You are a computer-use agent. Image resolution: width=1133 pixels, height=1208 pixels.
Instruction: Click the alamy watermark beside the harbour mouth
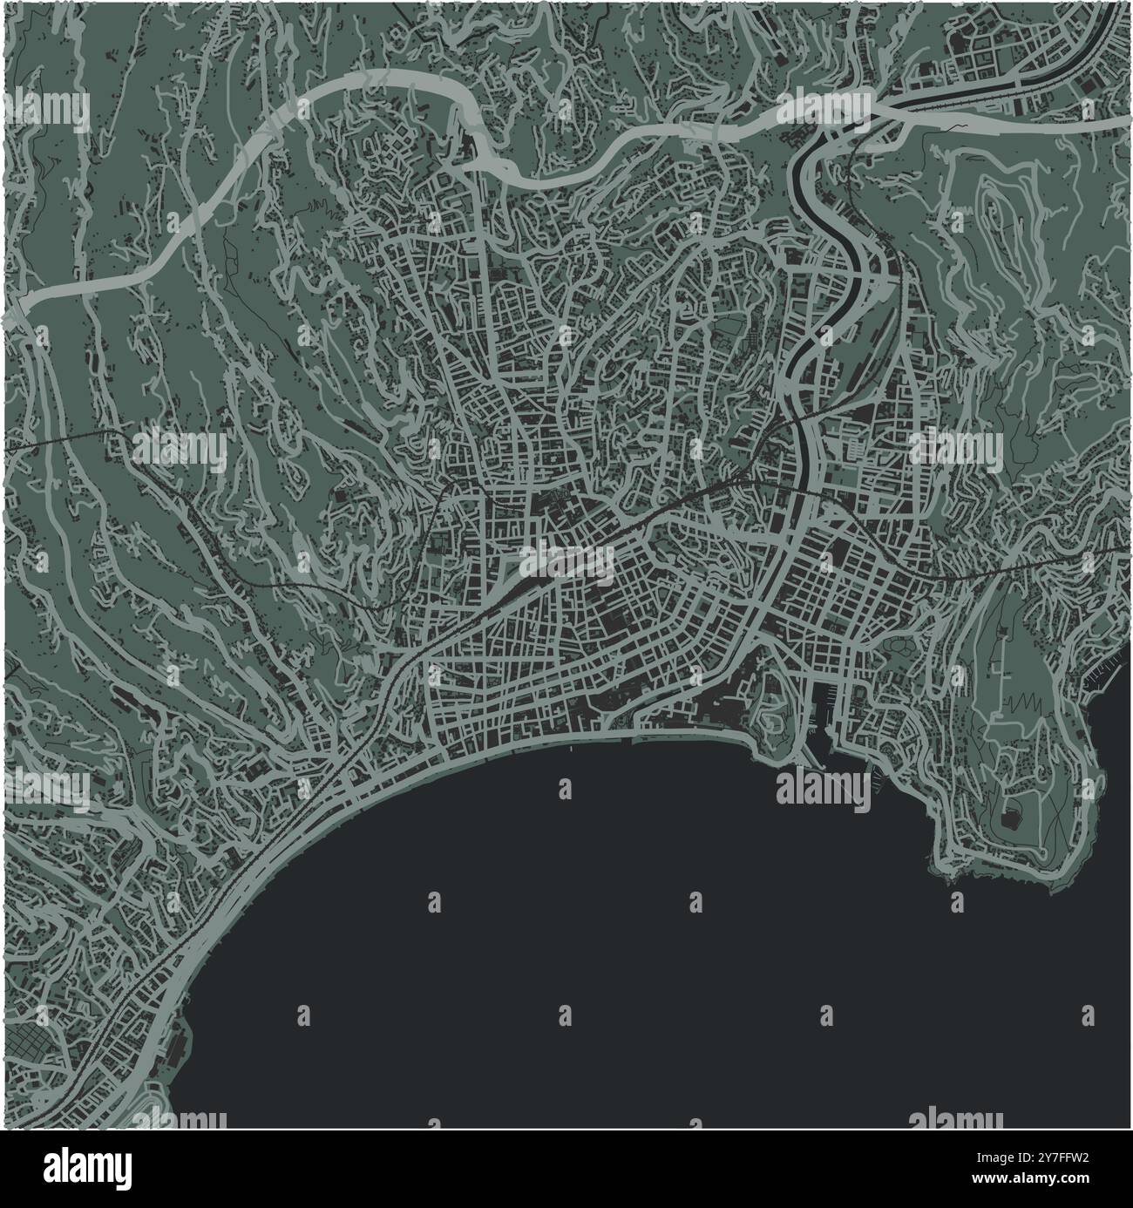click(822, 786)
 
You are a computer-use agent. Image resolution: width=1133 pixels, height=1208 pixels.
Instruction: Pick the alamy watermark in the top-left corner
click(48, 112)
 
